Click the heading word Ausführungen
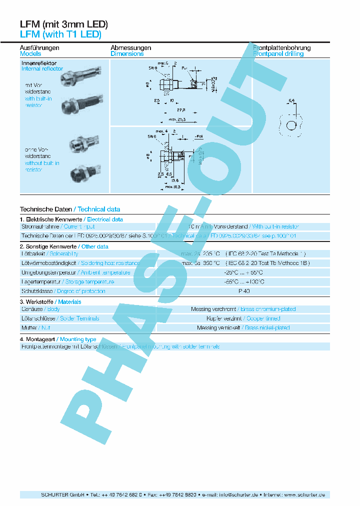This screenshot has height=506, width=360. (39, 48)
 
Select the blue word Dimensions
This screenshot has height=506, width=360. (127, 54)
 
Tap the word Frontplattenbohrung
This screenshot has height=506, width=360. (282, 48)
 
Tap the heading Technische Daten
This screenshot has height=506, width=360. (46, 209)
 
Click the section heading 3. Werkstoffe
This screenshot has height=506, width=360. (37, 302)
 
